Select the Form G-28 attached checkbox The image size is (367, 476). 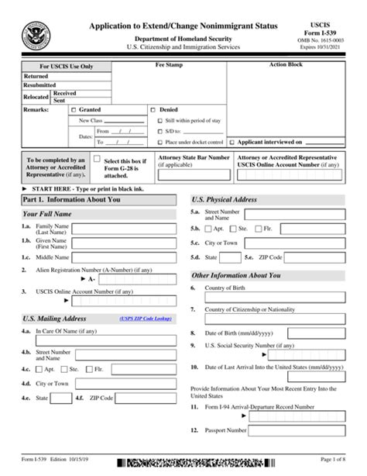point(97,159)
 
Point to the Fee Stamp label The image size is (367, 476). point(190,66)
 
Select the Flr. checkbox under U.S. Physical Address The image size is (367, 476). point(258,229)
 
